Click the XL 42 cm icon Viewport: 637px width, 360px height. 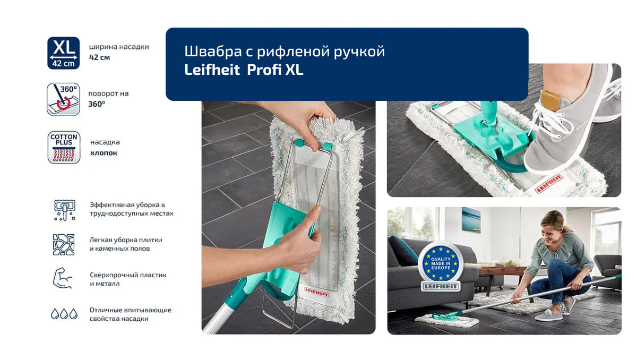63,53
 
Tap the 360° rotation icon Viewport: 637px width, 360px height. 63,99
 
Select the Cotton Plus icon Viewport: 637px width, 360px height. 63,147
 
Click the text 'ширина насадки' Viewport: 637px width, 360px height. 119,47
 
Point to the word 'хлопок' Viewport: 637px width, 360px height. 104,153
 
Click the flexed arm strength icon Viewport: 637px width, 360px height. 63,278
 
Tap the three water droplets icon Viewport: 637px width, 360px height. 64,314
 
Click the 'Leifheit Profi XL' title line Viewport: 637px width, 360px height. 244,70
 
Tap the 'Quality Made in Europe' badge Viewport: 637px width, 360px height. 440,264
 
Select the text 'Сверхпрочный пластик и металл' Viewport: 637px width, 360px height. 128,279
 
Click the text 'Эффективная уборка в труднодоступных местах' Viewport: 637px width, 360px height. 131,209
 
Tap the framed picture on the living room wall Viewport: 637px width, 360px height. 471,220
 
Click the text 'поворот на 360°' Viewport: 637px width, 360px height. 108,99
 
